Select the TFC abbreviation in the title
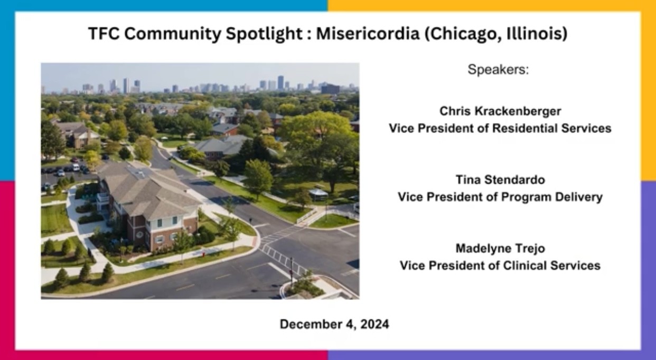(x=101, y=34)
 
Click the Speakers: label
(x=498, y=69)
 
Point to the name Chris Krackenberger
(x=500, y=111)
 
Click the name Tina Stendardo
(x=500, y=180)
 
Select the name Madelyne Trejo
(x=500, y=248)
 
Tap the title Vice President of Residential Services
(x=500, y=128)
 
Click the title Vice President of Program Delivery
(x=500, y=197)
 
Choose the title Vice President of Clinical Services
(x=500, y=265)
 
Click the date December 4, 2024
(x=334, y=324)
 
